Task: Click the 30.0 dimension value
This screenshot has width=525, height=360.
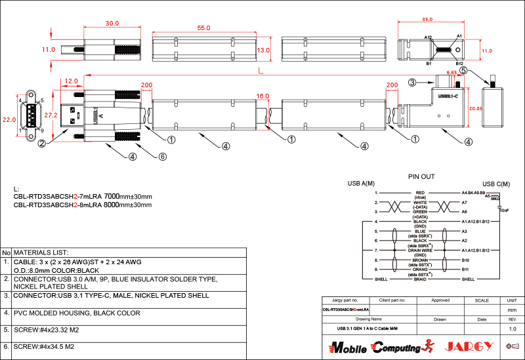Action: [x=112, y=24]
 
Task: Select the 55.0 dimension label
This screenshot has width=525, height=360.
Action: [x=203, y=28]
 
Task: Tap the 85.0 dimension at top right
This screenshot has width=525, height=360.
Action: [x=427, y=19]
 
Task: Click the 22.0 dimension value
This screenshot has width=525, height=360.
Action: [x=9, y=120]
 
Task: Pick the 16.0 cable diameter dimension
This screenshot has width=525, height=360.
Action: [x=262, y=96]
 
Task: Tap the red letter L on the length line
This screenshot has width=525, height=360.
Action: [x=261, y=70]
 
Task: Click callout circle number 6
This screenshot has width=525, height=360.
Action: [x=163, y=156]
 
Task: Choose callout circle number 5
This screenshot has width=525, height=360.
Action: [x=463, y=70]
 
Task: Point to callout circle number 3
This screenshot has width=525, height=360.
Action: [x=412, y=83]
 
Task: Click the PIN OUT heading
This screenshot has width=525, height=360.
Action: [x=421, y=176]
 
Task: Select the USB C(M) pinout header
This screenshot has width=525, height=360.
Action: [x=496, y=184]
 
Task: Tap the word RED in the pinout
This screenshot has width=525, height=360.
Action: [x=421, y=193]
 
